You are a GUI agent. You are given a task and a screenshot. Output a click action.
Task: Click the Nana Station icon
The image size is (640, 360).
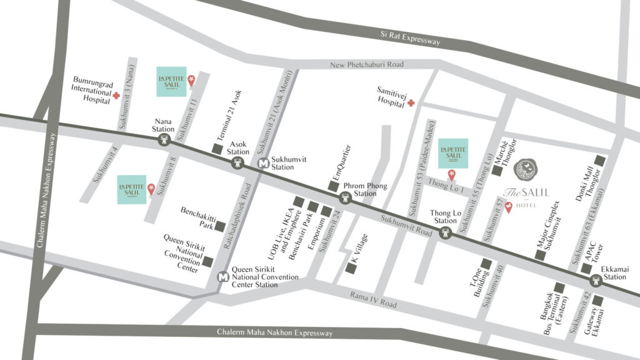pos(164,141)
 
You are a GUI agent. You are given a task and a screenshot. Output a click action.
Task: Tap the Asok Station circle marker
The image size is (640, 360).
pos(238,163)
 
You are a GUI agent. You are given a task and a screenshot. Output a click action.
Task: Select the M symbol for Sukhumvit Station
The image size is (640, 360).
pos(263,162)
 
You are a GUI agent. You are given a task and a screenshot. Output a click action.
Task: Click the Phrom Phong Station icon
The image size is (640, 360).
pos(346,198)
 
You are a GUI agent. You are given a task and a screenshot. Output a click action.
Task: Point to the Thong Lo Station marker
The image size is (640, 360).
pos(446,233)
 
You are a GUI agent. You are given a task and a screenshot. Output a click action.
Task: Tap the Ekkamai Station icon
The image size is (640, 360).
pos(594,281)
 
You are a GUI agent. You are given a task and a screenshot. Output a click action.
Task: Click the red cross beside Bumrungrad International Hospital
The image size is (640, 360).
pos(116,96)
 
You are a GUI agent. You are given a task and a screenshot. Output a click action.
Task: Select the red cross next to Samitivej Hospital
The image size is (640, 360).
pos(411,103)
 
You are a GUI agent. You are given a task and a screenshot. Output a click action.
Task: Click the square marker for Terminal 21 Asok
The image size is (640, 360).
pos(217,149)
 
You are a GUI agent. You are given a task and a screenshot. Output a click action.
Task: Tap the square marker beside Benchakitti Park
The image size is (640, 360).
pos(220,226)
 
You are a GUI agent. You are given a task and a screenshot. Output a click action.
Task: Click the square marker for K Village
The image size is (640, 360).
pos(351,268)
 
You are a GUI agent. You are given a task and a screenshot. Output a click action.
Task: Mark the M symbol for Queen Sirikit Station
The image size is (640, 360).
pos(222,276)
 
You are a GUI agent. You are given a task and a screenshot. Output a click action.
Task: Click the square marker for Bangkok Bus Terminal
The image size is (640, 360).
pos(560,288)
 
